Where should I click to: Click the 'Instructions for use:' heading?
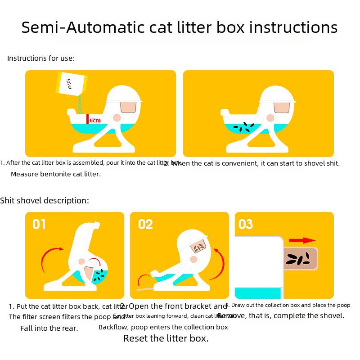click(x=41, y=58)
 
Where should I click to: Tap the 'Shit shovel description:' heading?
click(x=45, y=200)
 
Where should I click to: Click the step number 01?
click(x=39, y=224)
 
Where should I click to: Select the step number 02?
click(x=145, y=224)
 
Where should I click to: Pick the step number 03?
click(x=246, y=224)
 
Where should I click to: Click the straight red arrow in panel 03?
click(x=302, y=240)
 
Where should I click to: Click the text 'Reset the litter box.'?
click(x=166, y=338)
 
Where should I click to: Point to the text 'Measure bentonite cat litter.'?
click(x=56, y=174)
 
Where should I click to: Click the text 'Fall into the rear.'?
click(x=49, y=328)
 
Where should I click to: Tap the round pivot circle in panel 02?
click(x=194, y=259)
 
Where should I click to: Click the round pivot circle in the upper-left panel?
click(x=117, y=117)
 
